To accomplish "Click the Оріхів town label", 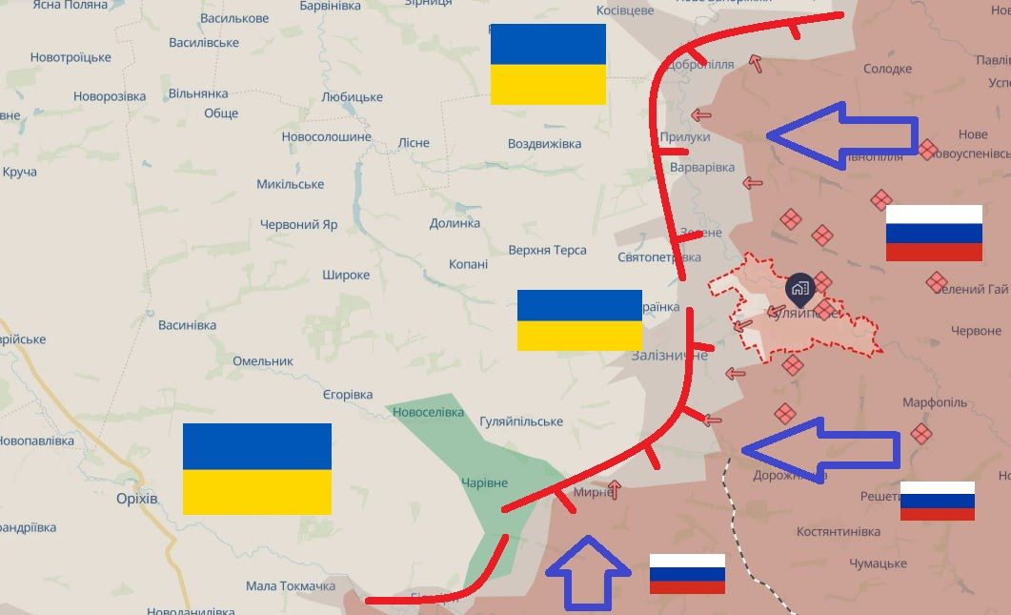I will click(136, 499).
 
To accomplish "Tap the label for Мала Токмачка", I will click(291, 585).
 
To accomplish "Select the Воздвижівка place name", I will click(544, 144).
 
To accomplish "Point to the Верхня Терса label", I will click(547, 250).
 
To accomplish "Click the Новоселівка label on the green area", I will click(428, 412).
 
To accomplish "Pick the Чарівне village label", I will click(484, 482).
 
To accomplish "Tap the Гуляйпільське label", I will click(521, 421).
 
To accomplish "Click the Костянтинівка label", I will click(839, 530).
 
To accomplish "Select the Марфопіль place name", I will click(935, 402).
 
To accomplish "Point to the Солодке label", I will click(887, 69).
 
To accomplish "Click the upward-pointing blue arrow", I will click(588, 572).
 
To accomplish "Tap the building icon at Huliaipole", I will click(799, 287).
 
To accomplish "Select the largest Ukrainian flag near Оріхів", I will click(257, 469).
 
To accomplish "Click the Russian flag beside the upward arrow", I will click(687, 574).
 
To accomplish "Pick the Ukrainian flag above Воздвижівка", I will click(548, 64).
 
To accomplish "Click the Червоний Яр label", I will click(299, 225).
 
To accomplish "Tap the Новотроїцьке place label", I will click(71, 57).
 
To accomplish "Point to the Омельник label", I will click(263, 361).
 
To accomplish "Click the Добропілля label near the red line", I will click(701, 65).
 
